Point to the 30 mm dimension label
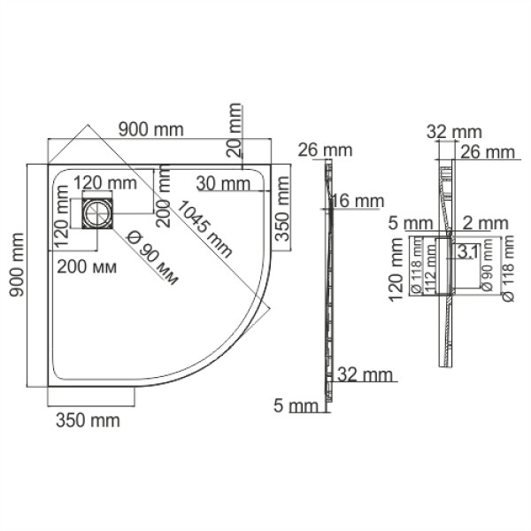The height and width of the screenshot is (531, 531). pos(223,184)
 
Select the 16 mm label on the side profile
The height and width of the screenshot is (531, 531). pos(355,202)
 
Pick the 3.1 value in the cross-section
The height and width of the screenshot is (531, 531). pos(468,253)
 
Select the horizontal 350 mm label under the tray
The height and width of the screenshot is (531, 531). pos(88,420)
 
